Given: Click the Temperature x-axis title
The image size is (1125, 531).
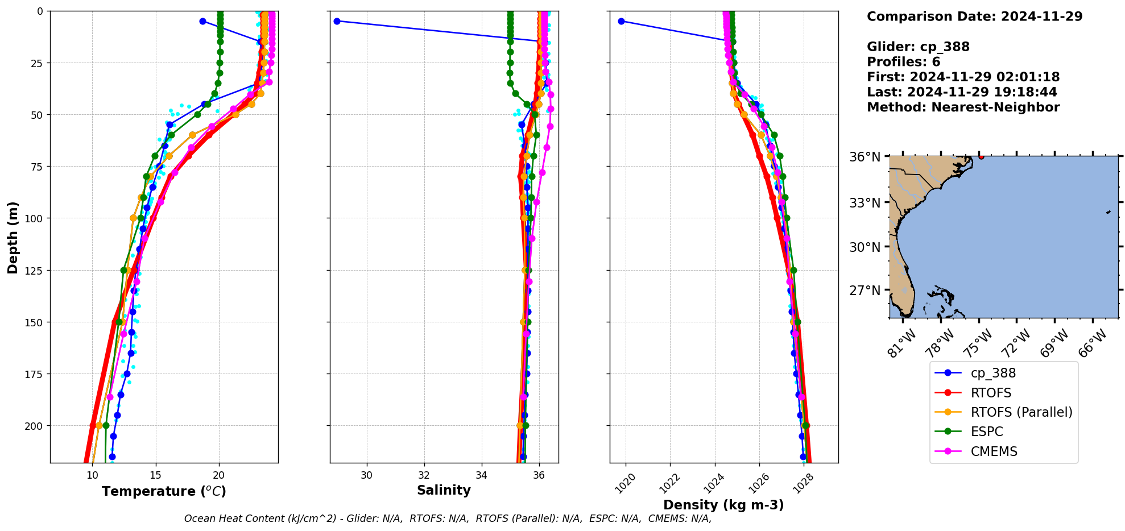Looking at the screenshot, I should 164,491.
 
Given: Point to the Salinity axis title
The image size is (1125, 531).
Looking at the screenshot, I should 444,491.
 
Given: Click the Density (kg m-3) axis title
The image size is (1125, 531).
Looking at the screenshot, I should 723,505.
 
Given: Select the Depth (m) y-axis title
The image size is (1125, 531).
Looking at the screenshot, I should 13,237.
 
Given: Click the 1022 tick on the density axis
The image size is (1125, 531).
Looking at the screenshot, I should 666,482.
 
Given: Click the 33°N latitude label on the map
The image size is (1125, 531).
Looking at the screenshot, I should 865,203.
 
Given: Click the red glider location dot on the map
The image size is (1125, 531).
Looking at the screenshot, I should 981,156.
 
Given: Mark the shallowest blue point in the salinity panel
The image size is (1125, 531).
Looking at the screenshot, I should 337,21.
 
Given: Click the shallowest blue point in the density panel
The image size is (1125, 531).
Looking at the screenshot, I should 621,21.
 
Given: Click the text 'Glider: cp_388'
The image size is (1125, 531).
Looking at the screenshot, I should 918,47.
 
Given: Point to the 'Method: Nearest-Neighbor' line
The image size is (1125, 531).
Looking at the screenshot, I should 963,107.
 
